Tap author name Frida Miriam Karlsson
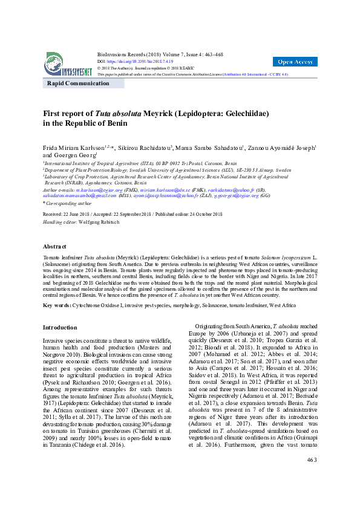pyautogui.click(x=72, y=148)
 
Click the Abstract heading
pyautogui.click(x=54, y=247)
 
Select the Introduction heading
pyautogui.click(x=59, y=328)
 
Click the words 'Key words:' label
pyautogui.click(x=57, y=305)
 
